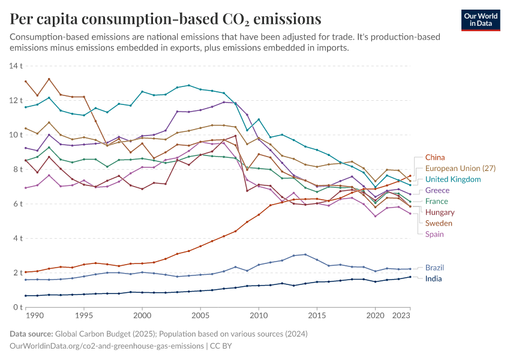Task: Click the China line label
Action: point(436,158)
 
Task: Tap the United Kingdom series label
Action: point(453,179)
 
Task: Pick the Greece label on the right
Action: point(437,190)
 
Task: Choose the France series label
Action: point(437,201)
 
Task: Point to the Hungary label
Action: point(440,212)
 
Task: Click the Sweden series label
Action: point(439,223)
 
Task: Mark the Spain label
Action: point(435,234)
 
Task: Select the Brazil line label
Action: point(436,268)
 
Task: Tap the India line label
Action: point(434,279)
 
